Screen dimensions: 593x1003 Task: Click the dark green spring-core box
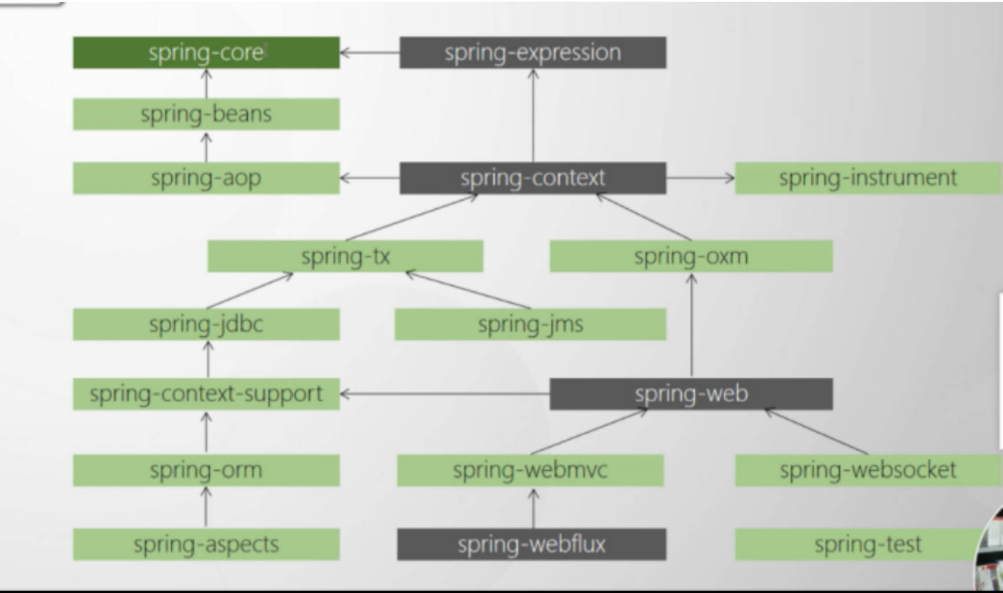[x=206, y=53]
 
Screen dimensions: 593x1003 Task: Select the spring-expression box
[x=532, y=53]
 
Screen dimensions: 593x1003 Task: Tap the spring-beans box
[x=206, y=114]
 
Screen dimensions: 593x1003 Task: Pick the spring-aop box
[x=206, y=178]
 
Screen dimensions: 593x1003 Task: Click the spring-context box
[x=532, y=178]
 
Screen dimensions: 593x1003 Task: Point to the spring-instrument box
[x=868, y=178]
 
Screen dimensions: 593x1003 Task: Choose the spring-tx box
[x=345, y=256]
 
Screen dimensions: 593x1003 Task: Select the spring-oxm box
[x=691, y=256]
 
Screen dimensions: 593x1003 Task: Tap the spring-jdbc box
[x=206, y=324]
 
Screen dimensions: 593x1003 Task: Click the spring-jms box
[x=530, y=324]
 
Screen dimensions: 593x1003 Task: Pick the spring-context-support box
[x=206, y=394]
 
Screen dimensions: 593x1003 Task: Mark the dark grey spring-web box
[x=691, y=394]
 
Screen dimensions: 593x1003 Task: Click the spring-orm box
[x=206, y=470]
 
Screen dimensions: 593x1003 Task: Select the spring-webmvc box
[x=530, y=470]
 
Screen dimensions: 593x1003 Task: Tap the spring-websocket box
[x=868, y=470]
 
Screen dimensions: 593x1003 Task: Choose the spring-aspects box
[x=206, y=544]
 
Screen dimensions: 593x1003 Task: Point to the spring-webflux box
[x=531, y=544]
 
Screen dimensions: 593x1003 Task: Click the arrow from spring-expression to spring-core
[x=370, y=53]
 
